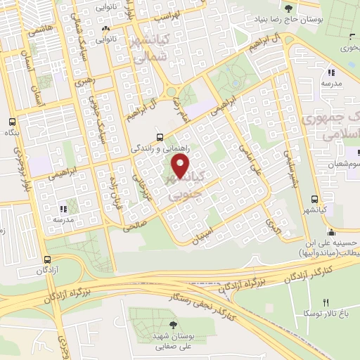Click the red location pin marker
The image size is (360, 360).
(181, 166)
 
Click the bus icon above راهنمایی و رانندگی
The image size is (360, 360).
(160, 138)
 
